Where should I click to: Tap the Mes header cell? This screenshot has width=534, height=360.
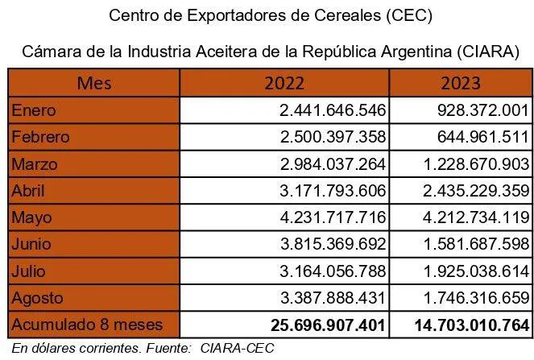[94, 83]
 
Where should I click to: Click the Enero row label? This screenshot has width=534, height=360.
[34, 110]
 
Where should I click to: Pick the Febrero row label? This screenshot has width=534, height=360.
[41, 137]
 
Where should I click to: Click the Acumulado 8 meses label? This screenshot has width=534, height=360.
[86, 325]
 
